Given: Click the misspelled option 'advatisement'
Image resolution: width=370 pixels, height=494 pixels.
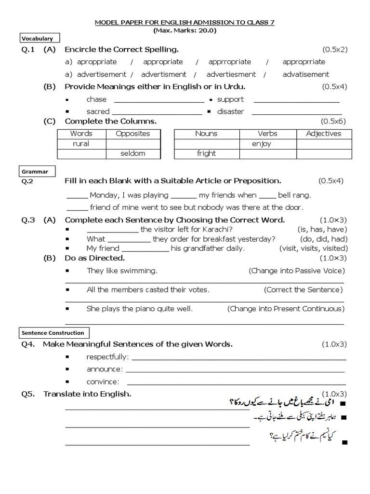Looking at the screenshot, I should click(306, 74).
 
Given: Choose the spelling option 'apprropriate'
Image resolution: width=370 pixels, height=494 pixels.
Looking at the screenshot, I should click(230, 62).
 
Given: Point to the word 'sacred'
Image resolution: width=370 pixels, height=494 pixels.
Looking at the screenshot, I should click(98, 111).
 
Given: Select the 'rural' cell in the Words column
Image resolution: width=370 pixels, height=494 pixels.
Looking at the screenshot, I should click(81, 144).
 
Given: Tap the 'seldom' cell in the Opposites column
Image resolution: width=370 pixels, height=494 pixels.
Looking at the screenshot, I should click(133, 153).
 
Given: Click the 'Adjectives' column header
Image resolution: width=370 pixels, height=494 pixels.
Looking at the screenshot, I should click(323, 134).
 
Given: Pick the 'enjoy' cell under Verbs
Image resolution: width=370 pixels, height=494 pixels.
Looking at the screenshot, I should click(261, 144).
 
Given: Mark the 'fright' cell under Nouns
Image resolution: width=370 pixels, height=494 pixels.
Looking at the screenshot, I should click(206, 153).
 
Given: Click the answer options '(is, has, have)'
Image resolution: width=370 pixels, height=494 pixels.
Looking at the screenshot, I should click(322, 230).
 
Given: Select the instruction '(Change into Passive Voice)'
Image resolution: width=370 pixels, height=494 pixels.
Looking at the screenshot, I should click(297, 271).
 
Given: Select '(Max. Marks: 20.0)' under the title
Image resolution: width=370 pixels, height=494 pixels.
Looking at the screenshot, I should click(185, 30).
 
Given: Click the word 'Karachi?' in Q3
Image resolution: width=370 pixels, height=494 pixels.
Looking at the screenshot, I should click(218, 230).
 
